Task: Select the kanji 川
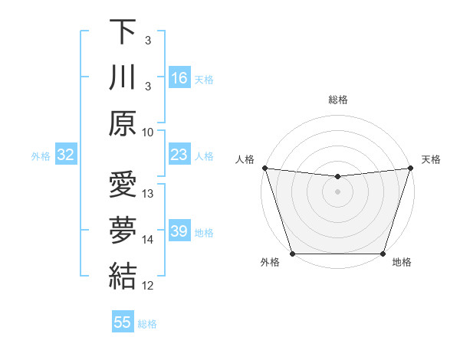pos(123,77)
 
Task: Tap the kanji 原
pos(123,123)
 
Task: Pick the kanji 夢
pos(123,231)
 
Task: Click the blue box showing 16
pos(179,78)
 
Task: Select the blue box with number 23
pos(179,155)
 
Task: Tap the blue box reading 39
pos(179,231)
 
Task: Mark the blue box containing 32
pos(65,155)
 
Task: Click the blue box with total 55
pos(123,322)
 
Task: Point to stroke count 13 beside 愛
pos(149,194)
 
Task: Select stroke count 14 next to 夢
pos(149,240)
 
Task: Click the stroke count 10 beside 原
pos(149,132)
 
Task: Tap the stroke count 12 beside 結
pos(149,286)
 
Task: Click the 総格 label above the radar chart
pos(337,100)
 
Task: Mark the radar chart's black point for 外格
pos(292,254)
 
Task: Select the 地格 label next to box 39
pos(204,232)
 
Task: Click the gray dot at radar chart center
pos(337,191)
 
